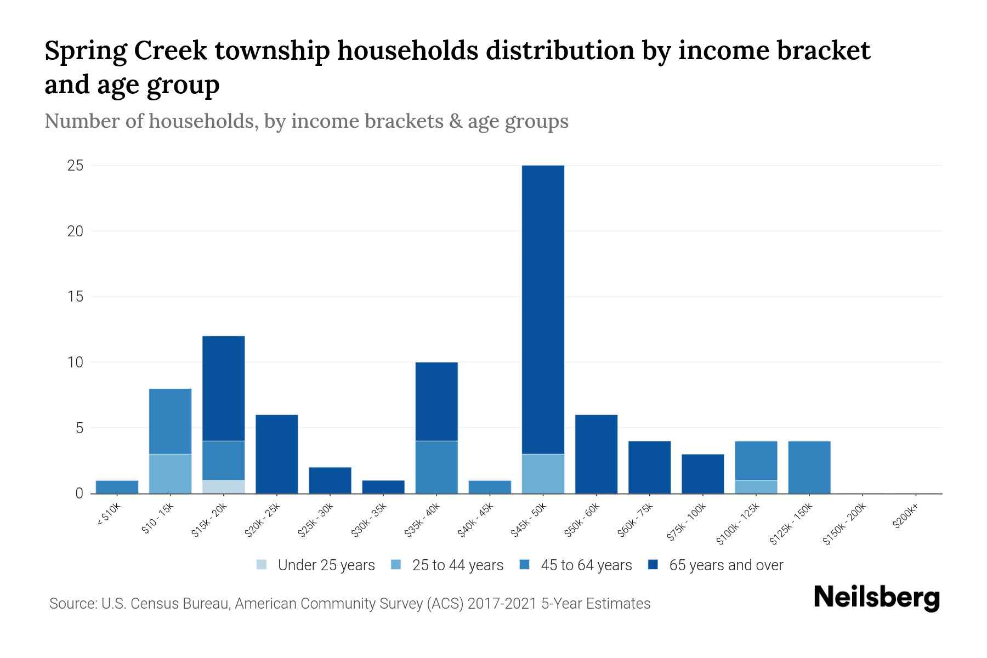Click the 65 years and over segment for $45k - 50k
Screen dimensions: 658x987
click(543, 310)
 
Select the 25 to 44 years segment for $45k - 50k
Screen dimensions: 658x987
click(543, 474)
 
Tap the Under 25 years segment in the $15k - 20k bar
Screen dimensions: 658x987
click(224, 487)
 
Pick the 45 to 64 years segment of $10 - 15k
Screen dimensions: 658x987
click(171, 421)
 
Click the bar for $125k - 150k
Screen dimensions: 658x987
click(809, 467)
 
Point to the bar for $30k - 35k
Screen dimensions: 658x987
click(383, 487)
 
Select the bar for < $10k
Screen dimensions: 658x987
click(117, 487)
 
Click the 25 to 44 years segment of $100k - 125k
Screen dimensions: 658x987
click(756, 487)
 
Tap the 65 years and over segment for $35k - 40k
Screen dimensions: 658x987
click(436, 401)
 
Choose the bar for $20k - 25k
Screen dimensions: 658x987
click(277, 454)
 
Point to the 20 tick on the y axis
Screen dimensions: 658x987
click(75, 231)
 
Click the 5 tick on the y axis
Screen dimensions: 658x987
click(79, 428)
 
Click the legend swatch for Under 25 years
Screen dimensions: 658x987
click(262, 565)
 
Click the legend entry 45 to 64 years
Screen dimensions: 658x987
click(586, 565)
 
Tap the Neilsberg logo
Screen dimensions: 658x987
click(877, 598)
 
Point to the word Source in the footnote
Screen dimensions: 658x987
click(71, 604)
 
